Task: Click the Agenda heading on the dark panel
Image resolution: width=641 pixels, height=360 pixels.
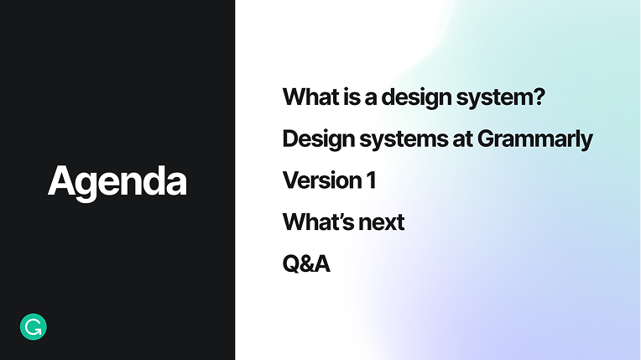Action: click(117, 181)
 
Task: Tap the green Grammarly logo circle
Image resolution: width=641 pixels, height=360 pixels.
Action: click(34, 326)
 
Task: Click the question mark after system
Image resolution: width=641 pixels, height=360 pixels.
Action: click(538, 97)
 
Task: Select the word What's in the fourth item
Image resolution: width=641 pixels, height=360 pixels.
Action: click(315, 222)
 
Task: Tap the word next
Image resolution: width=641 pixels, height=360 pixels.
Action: click(378, 223)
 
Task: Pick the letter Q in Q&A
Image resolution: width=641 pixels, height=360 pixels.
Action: click(291, 265)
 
